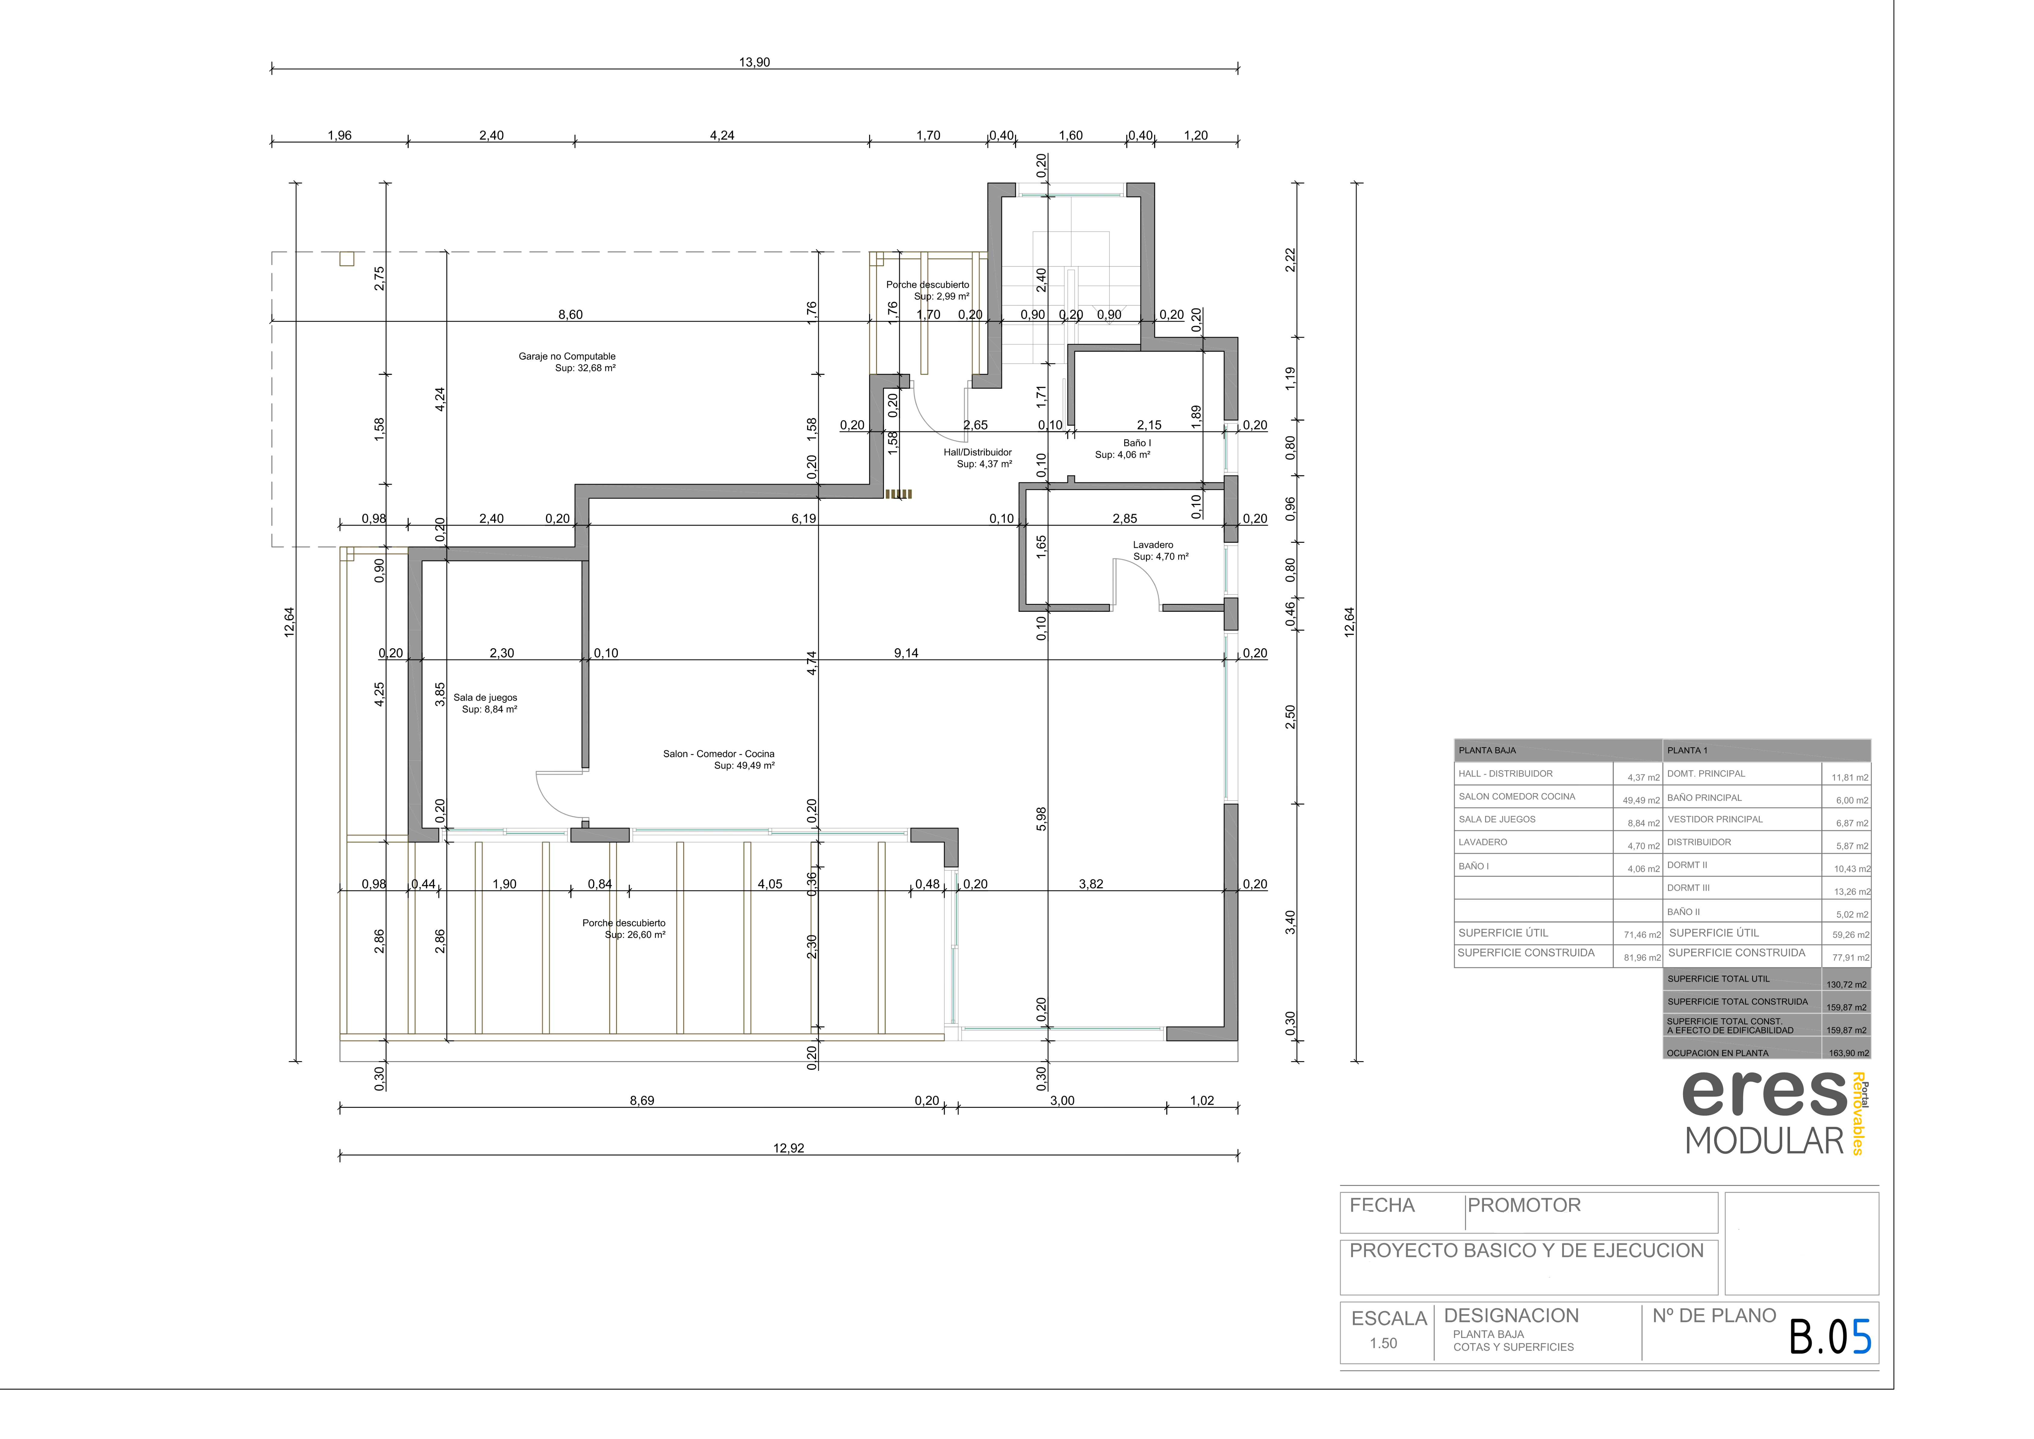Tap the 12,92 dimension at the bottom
tap(788, 1148)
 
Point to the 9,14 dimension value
tap(905, 653)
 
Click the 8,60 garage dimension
tap(571, 315)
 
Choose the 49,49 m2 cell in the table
tap(1641, 800)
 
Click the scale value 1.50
tap(1383, 1343)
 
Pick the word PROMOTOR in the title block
tap(1524, 1205)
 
